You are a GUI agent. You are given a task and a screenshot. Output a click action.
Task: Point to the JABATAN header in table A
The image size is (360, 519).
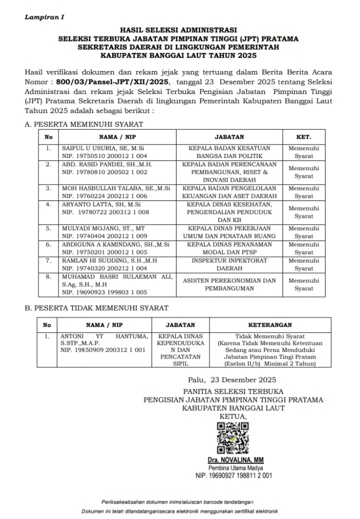(x=229, y=136)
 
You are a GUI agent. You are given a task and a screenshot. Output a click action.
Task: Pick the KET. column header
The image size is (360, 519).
(x=303, y=136)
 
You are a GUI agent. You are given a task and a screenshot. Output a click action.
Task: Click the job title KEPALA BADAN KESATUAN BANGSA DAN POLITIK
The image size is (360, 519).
(x=229, y=152)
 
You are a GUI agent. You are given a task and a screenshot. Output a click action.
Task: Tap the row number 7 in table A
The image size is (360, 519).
(x=48, y=260)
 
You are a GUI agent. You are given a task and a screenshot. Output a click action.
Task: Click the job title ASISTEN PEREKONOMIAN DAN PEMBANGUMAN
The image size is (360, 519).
(x=229, y=284)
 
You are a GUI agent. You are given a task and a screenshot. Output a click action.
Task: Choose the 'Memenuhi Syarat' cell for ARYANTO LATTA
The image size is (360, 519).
(x=303, y=212)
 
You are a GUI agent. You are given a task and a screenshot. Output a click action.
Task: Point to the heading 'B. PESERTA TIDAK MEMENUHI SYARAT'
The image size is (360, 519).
(x=96, y=308)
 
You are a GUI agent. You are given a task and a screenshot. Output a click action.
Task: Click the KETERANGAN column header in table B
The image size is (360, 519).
(x=270, y=325)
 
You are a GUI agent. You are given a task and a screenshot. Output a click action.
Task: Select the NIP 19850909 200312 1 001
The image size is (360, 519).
(x=103, y=350)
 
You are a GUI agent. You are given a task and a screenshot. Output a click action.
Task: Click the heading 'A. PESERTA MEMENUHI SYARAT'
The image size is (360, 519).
(x=84, y=124)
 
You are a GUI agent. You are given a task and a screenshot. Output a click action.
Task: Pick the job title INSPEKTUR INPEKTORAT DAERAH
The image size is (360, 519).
(x=229, y=264)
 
